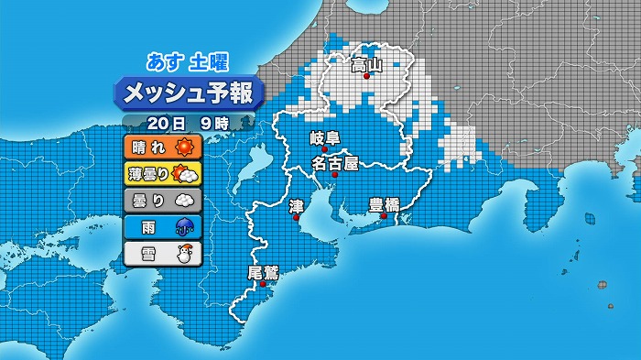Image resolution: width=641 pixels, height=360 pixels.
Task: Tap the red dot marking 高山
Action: [x=366, y=77]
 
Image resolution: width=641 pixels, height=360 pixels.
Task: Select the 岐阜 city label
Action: [x=324, y=138]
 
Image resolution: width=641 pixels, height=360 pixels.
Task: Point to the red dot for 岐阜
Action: [x=324, y=149]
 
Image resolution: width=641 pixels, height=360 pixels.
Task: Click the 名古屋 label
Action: [x=334, y=164]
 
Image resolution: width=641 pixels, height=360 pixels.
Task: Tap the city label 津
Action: [x=295, y=206]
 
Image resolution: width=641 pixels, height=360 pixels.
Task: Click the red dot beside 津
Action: [x=296, y=217]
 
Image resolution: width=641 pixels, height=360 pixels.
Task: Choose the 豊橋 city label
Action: [x=384, y=204]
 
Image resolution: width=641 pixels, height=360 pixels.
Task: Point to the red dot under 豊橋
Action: [x=384, y=216]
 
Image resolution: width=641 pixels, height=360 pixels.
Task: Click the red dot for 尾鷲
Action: [x=264, y=284]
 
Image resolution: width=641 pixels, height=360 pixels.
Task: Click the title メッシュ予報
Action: [x=190, y=93]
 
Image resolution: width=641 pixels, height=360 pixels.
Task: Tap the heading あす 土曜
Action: [x=188, y=62]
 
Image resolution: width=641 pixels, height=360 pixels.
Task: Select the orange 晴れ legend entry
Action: [x=162, y=147]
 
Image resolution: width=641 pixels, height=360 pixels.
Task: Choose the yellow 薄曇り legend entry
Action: [x=162, y=173]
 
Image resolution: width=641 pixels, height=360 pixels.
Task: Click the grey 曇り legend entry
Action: [x=162, y=200]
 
